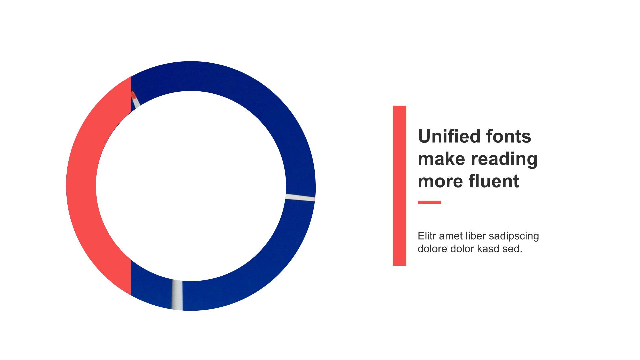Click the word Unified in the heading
click(449, 136)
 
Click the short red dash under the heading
click(429, 202)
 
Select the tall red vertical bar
click(399, 186)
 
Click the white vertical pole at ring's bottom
click(177, 295)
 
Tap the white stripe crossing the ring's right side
click(300, 197)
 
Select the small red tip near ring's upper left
click(134, 95)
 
